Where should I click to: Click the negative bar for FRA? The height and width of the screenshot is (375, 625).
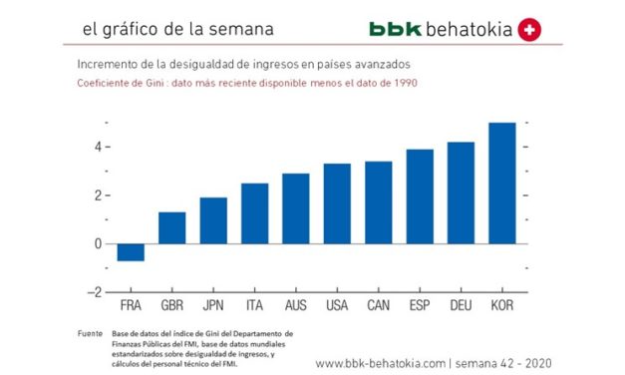130,252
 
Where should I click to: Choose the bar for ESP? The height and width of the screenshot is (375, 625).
420,220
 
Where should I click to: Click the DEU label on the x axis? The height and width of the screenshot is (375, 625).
461,304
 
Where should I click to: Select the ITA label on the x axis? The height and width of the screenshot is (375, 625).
254,304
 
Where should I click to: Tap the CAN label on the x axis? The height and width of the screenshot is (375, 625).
378,304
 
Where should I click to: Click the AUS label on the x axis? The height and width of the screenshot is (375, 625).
295,304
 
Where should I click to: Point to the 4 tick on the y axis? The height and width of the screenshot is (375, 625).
99,147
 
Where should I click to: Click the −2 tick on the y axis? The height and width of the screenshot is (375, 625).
96,292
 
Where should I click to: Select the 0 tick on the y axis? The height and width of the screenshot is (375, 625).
99,243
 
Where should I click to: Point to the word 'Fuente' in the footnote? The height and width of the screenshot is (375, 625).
90,332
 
